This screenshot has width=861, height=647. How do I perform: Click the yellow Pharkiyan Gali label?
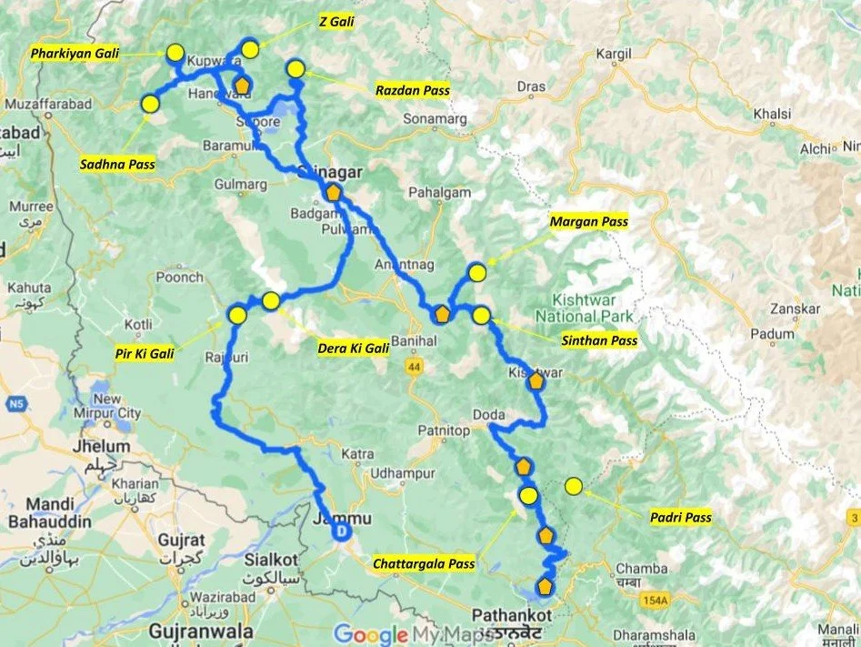[x=74, y=54]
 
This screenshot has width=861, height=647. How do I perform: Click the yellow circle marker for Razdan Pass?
[x=295, y=68]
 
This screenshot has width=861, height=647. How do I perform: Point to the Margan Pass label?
[x=589, y=221]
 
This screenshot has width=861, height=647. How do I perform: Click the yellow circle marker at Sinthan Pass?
[x=482, y=316]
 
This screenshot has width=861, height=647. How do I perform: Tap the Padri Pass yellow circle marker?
[x=574, y=487]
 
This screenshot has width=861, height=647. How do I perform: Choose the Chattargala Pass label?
[x=424, y=564]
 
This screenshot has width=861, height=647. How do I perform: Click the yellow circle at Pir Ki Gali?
[x=238, y=316]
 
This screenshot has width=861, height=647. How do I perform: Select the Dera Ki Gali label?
[x=353, y=348]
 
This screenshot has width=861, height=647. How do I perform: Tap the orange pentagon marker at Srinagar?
[x=334, y=193]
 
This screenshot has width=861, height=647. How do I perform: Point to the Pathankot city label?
[x=503, y=614]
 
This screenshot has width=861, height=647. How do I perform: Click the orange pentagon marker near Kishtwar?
[x=536, y=382]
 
